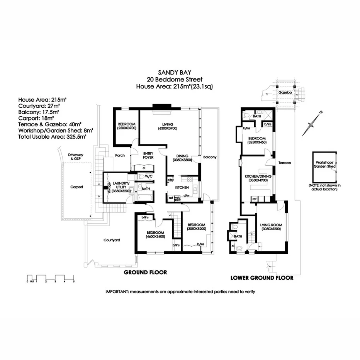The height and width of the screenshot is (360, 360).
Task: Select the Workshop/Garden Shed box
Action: coord(324,167)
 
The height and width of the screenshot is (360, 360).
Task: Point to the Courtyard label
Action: coord(112,240)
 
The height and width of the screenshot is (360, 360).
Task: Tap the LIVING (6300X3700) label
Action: coord(167,126)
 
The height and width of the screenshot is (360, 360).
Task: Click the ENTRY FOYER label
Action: coord(148,155)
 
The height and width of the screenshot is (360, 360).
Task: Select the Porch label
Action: coord(120,156)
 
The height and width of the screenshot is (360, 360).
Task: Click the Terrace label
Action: coord(284,163)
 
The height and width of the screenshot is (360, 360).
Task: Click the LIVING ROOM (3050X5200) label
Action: coord(271,227)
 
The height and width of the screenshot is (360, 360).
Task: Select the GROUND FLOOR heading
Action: coord(145,272)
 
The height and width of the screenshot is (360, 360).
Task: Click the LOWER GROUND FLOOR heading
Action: coord(262,278)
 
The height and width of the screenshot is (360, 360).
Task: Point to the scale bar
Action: coord(50,278)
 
